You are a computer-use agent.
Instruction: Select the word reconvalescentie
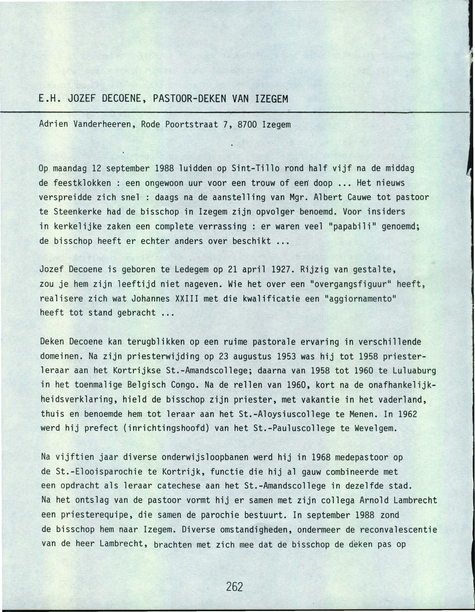(x=398, y=530)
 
